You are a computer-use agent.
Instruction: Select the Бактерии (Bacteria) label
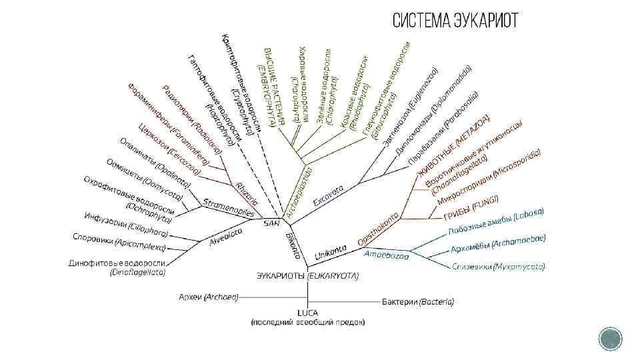[418, 302]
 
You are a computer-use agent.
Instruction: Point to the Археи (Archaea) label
[208, 296]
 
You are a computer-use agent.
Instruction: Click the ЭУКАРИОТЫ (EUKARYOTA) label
[307, 275]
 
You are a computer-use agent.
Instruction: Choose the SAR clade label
[271, 223]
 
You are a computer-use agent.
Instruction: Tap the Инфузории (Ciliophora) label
[125, 223]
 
